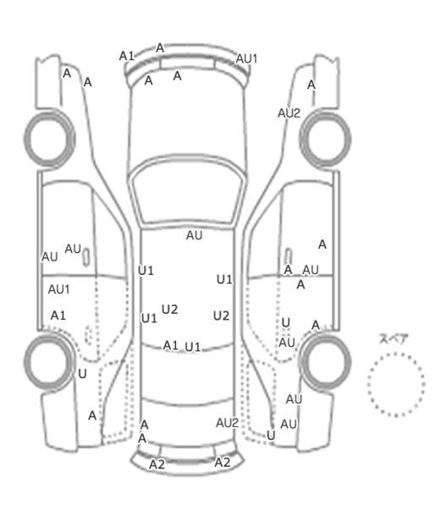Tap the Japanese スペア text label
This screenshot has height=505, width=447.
[394, 339]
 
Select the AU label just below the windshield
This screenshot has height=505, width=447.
[195, 235]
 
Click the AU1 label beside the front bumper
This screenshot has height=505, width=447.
[246, 59]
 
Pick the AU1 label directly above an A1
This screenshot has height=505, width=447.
[58, 289]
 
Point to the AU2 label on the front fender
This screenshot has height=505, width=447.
[289, 113]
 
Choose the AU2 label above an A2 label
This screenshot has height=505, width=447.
[227, 423]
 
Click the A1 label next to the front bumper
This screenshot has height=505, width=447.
[126, 56]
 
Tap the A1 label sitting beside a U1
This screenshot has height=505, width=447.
[170, 346]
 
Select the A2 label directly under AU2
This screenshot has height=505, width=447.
[223, 463]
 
